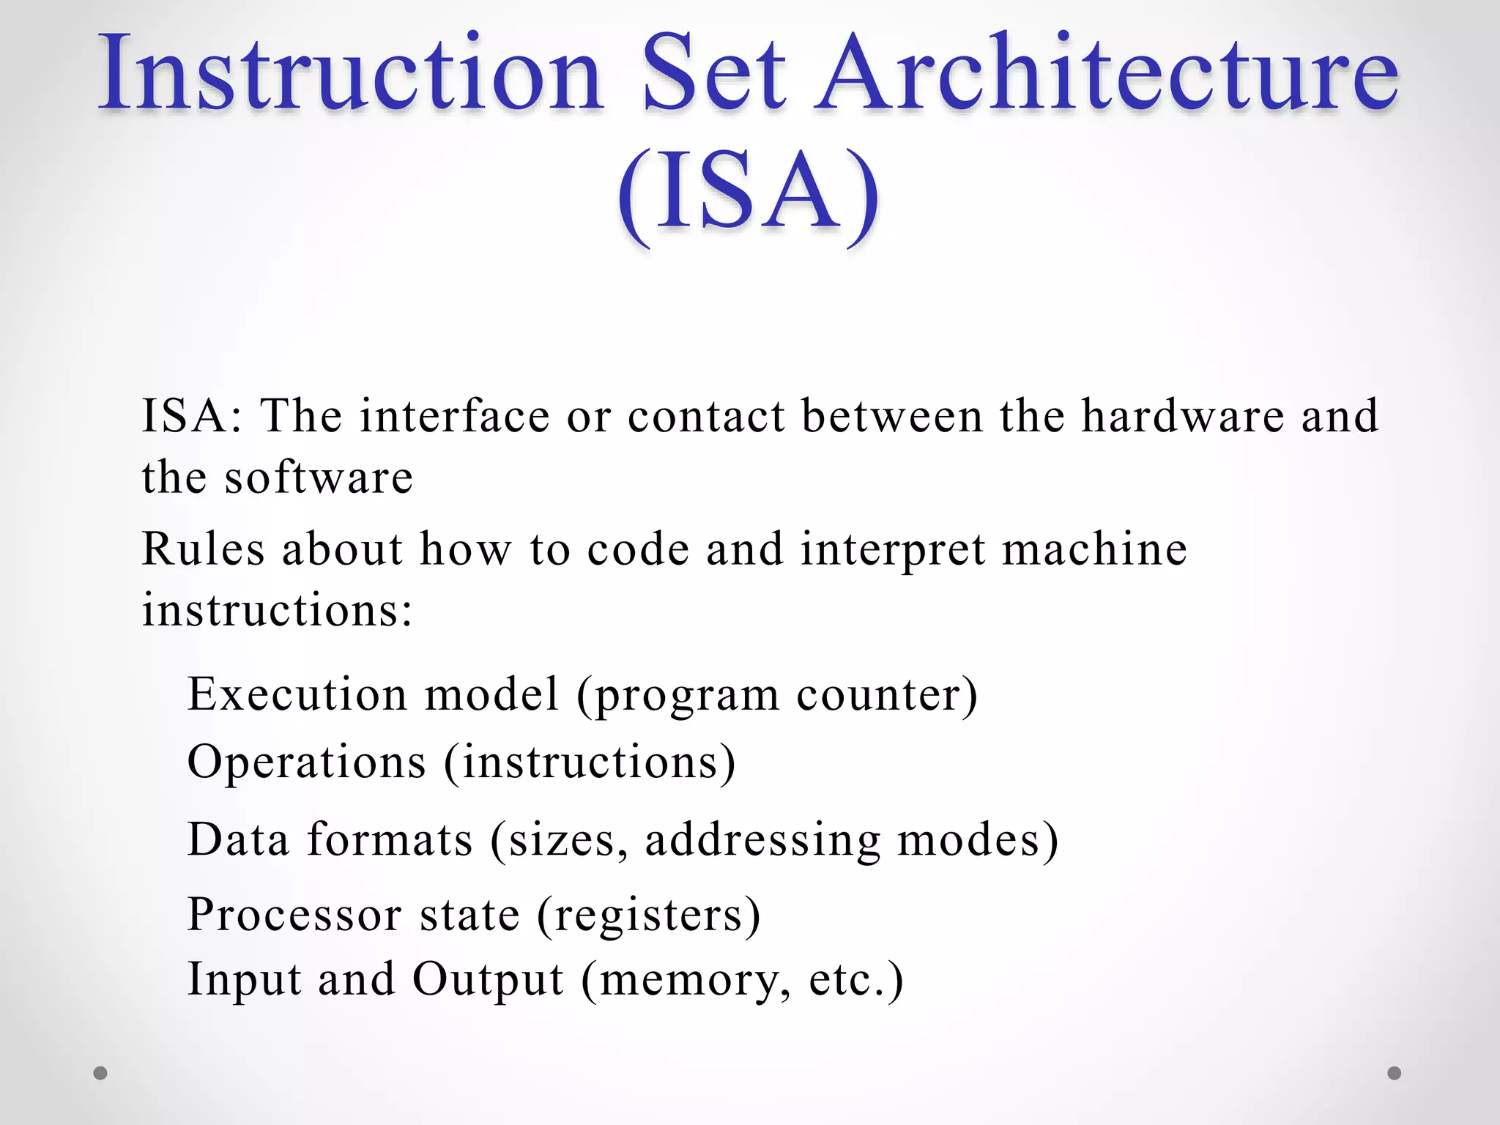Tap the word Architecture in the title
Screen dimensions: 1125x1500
click(1106, 73)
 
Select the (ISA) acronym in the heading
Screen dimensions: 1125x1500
click(749, 194)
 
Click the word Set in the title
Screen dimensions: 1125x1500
click(714, 73)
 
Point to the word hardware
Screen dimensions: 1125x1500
click(1182, 416)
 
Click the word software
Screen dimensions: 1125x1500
click(319, 478)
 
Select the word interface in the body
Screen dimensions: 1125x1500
click(454, 416)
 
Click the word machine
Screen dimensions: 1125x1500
click(1094, 549)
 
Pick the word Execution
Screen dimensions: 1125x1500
click(297, 694)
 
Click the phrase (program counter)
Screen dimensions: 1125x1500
click(777, 695)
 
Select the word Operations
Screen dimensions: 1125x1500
click(307, 762)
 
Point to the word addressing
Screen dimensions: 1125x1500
click(762, 840)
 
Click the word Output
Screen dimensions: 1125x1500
click(488, 980)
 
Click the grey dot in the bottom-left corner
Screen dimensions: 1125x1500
click(100, 1073)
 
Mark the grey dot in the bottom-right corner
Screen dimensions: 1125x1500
click(1395, 1073)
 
